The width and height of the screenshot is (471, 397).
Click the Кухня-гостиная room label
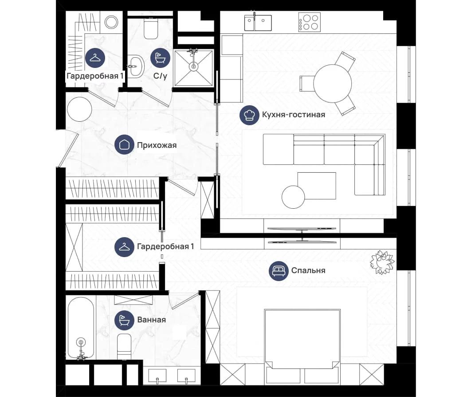294,115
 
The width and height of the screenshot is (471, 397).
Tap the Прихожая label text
157,145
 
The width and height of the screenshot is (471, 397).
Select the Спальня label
308,270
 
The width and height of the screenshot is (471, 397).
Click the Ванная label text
151,319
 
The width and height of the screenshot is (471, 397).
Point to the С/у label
160,76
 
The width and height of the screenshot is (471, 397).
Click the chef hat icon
249,115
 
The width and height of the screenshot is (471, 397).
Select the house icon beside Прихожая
124,145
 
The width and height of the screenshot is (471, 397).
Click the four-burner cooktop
310,22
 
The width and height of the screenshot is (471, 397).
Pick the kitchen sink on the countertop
258,22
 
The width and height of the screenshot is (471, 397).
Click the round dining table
333,83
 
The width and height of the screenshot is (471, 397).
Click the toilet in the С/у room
151,29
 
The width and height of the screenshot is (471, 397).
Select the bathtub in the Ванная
81,328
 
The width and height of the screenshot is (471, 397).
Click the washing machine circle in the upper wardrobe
111,22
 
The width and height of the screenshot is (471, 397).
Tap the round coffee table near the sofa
293,197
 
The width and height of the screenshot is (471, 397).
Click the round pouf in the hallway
79,109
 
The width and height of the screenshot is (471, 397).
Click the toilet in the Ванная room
124,346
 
